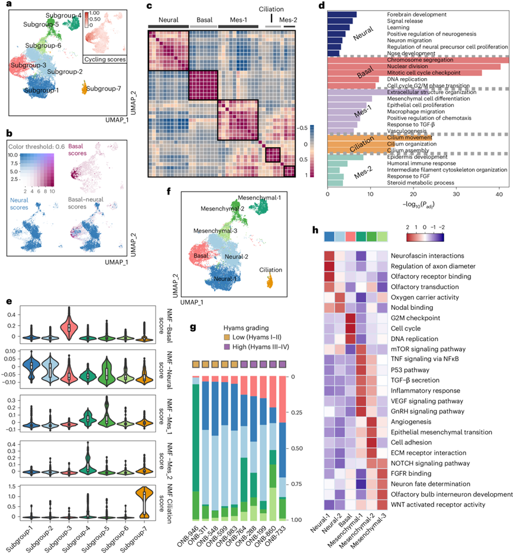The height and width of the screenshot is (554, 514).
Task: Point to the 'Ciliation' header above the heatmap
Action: tap(271, 9)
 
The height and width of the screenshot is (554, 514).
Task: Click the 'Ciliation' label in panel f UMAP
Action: tap(276, 270)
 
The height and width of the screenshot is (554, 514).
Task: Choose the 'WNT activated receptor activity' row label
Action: tap(438, 504)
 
